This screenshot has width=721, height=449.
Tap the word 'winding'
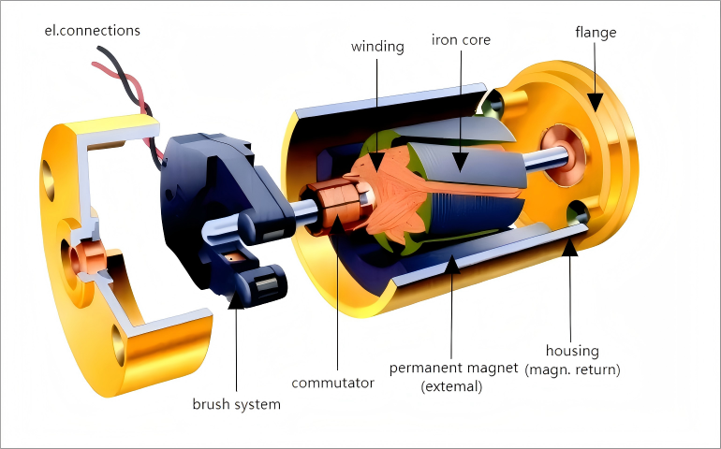tap(378, 46)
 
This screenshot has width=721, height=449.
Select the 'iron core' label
tap(461, 40)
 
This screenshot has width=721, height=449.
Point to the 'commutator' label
tap(333, 383)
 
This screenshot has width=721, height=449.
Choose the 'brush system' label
tap(236, 404)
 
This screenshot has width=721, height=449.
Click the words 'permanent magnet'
tap(452, 369)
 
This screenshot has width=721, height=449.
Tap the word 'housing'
tap(573, 351)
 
